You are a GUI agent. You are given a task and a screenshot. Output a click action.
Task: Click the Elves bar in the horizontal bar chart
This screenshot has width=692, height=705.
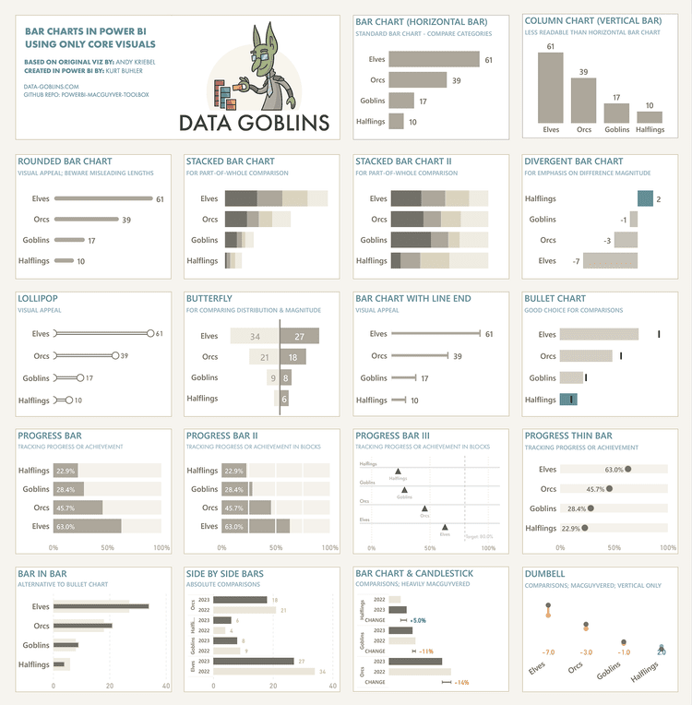[434, 59]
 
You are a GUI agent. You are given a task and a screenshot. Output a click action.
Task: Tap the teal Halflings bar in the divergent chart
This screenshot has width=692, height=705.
[645, 198]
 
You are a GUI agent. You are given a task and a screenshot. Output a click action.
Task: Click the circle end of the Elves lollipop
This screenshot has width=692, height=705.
[149, 333]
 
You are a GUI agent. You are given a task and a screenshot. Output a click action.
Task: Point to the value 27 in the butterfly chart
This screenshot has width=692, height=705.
[300, 336]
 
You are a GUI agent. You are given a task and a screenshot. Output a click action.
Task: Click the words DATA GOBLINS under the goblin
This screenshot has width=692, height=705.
[255, 122]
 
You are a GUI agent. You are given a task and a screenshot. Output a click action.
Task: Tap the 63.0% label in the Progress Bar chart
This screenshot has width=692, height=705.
[66, 527]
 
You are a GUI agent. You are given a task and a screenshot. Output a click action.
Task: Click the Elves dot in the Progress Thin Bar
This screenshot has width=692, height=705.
[628, 469]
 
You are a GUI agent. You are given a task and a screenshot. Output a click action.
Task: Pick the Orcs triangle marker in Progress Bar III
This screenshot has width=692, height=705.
[424, 508]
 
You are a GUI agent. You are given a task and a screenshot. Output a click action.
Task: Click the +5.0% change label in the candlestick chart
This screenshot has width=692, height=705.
[418, 620]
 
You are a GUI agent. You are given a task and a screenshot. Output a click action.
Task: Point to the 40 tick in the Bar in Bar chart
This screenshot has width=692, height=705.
[165, 686]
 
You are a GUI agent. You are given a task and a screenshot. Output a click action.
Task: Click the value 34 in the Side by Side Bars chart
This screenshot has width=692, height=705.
[322, 671]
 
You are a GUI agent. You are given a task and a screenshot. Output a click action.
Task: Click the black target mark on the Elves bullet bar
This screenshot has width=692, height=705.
[659, 334]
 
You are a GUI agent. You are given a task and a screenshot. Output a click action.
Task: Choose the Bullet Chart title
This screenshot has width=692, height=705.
[555, 299]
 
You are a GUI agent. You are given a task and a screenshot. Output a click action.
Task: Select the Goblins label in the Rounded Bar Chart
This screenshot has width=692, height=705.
[36, 240]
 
